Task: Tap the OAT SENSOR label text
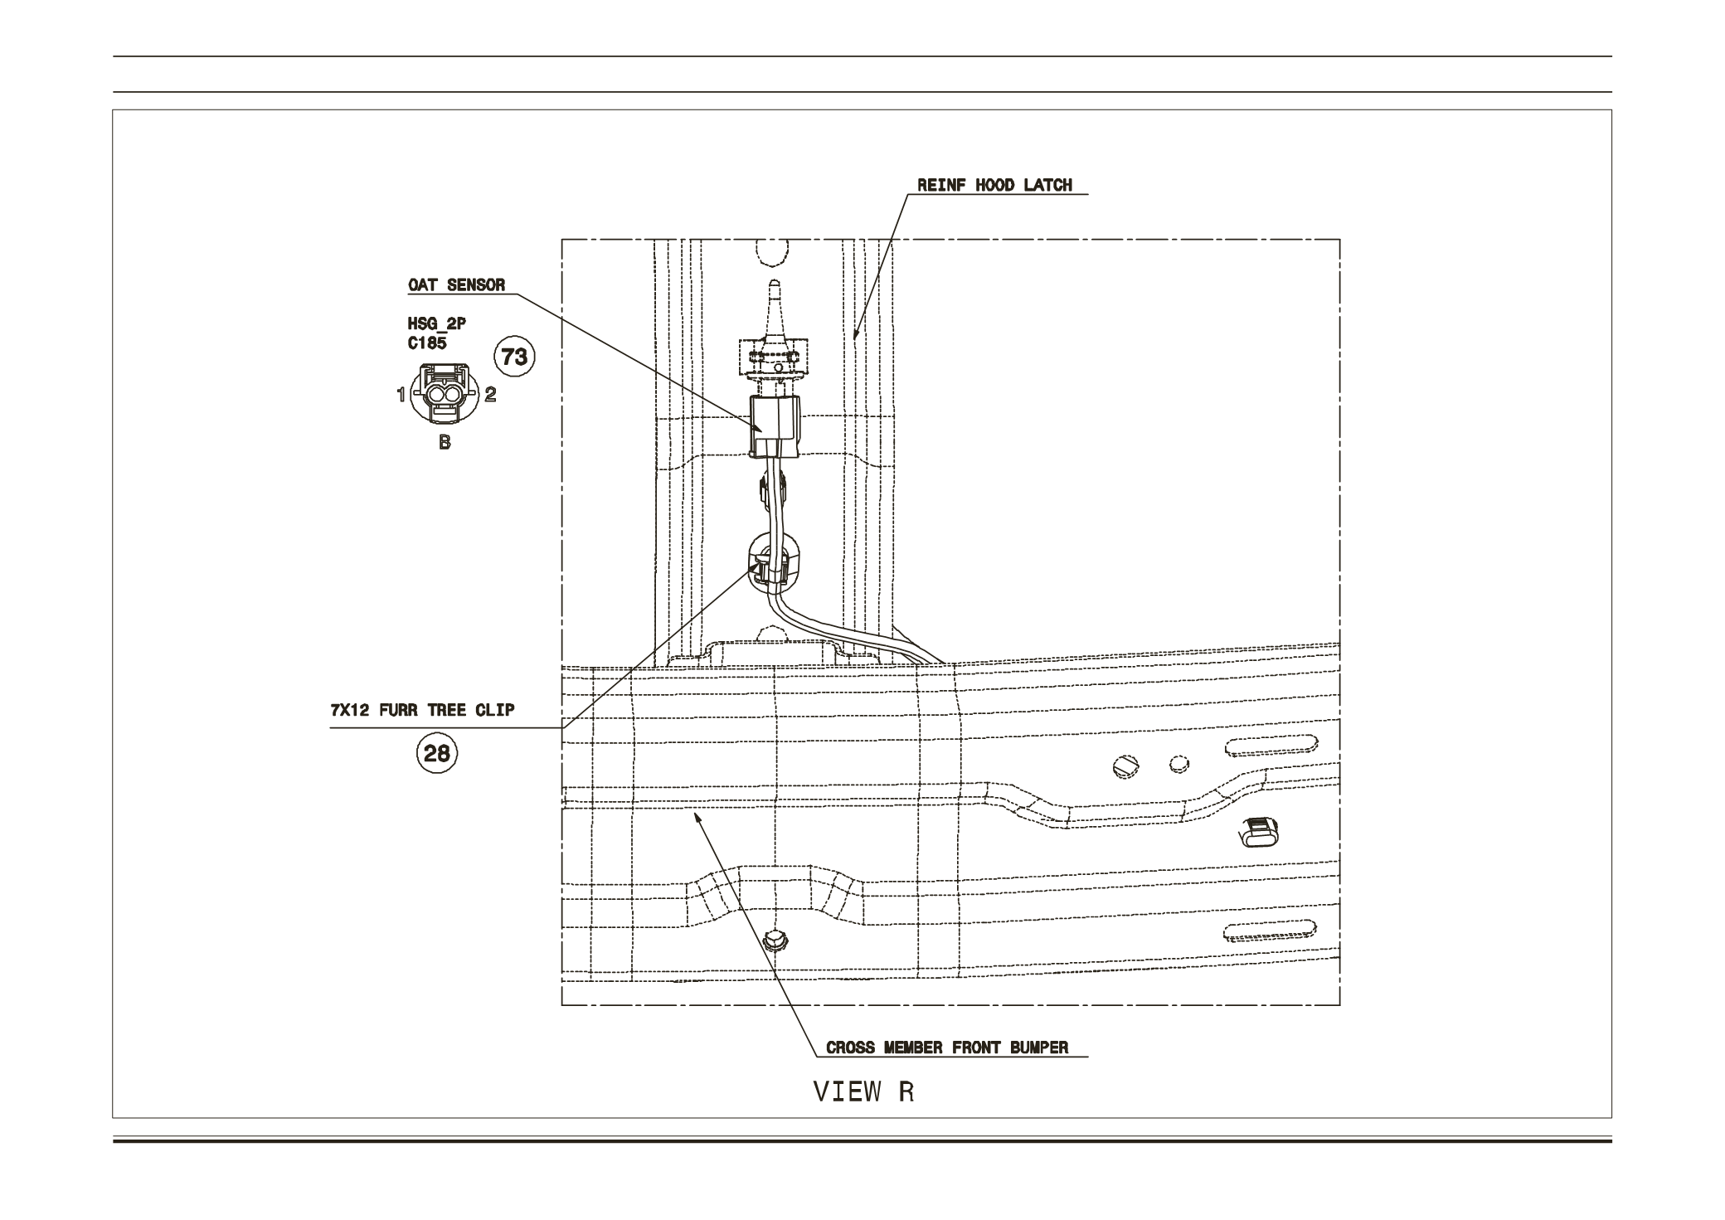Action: (x=456, y=285)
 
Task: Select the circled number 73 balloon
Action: (x=514, y=357)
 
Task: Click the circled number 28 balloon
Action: (x=437, y=753)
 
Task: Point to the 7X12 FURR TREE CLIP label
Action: (x=422, y=711)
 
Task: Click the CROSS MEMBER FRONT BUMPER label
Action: (x=947, y=1047)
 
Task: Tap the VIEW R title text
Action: (x=863, y=1091)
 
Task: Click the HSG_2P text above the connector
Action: (x=436, y=324)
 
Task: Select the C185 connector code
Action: (x=427, y=343)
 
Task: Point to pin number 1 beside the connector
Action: (x=401, y=395)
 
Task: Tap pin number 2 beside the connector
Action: (x=491, y=395)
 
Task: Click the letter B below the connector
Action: (x=445, y=443)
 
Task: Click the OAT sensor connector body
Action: (x=775, y=425)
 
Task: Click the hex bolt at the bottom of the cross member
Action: (x=774, y=941)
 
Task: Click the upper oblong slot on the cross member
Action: (x=1270, y=746)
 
